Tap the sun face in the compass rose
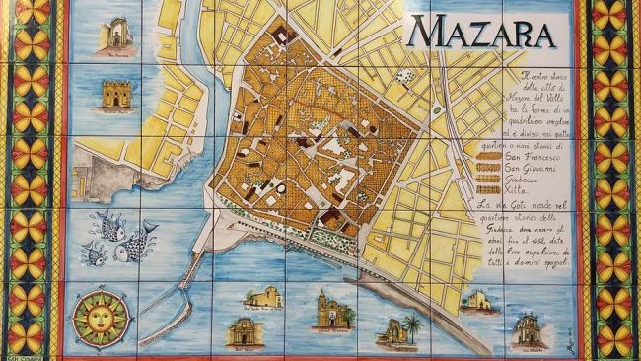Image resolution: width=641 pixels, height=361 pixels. [101, 319]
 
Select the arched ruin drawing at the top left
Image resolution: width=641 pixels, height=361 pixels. [117, 32]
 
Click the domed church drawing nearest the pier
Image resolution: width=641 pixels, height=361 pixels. [263, 297]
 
